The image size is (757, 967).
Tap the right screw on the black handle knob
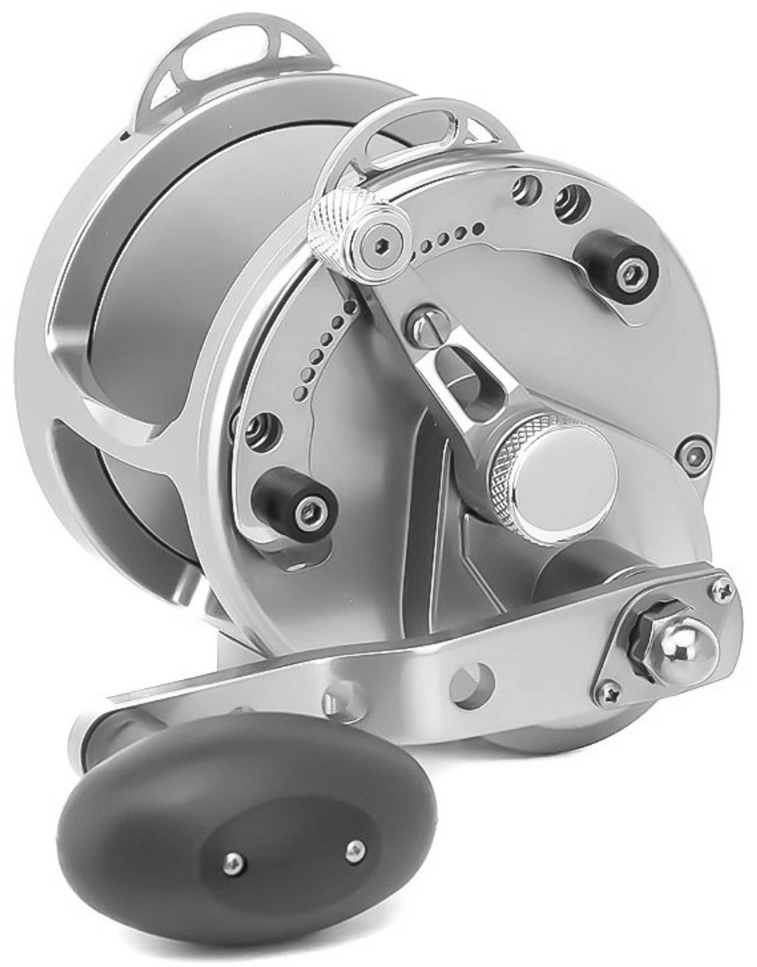tap(351, 849)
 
